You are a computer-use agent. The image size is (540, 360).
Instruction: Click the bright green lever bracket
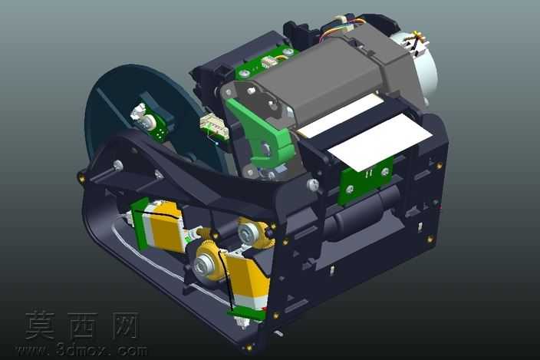pyautogui.click(x=262, y=134)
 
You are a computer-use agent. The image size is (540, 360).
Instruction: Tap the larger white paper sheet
pyautogui.click(x=379, y=142)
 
